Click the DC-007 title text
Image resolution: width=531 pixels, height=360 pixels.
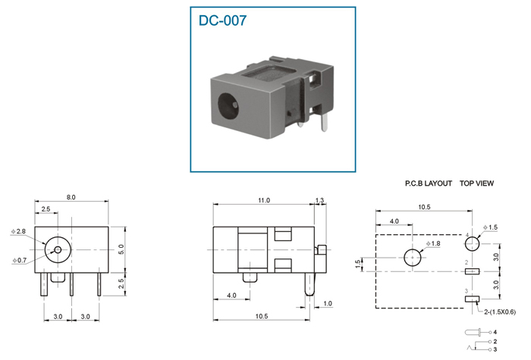(222, 20)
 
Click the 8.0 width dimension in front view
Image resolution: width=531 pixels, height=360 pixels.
(71, 197)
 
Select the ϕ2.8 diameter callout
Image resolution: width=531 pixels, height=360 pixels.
(18, 231)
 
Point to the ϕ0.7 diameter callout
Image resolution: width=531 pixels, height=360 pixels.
(19, 260)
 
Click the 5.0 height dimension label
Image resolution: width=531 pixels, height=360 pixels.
(121, 249)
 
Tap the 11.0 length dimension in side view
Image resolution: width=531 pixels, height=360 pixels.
(264, 200)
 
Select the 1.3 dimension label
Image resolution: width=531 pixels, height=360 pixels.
(319, 200)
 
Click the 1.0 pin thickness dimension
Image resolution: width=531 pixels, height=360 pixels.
(328, 303)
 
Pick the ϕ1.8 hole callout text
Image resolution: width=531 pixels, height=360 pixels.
(433, 243)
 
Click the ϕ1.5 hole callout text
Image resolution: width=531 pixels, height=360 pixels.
(490, 227)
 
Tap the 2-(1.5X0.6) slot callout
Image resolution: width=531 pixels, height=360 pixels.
(500, 312)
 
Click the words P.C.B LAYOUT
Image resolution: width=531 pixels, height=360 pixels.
(429, 183)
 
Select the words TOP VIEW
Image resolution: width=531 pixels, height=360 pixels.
(476, 183)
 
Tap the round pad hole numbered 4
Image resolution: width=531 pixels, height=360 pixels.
(472, 243)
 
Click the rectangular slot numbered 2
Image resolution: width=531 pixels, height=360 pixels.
(472, 271)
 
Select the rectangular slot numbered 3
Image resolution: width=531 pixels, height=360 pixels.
(472, 299)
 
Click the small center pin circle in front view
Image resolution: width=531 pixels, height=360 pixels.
(58, 249)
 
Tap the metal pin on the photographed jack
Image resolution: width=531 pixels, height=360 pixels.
(324, 122)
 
